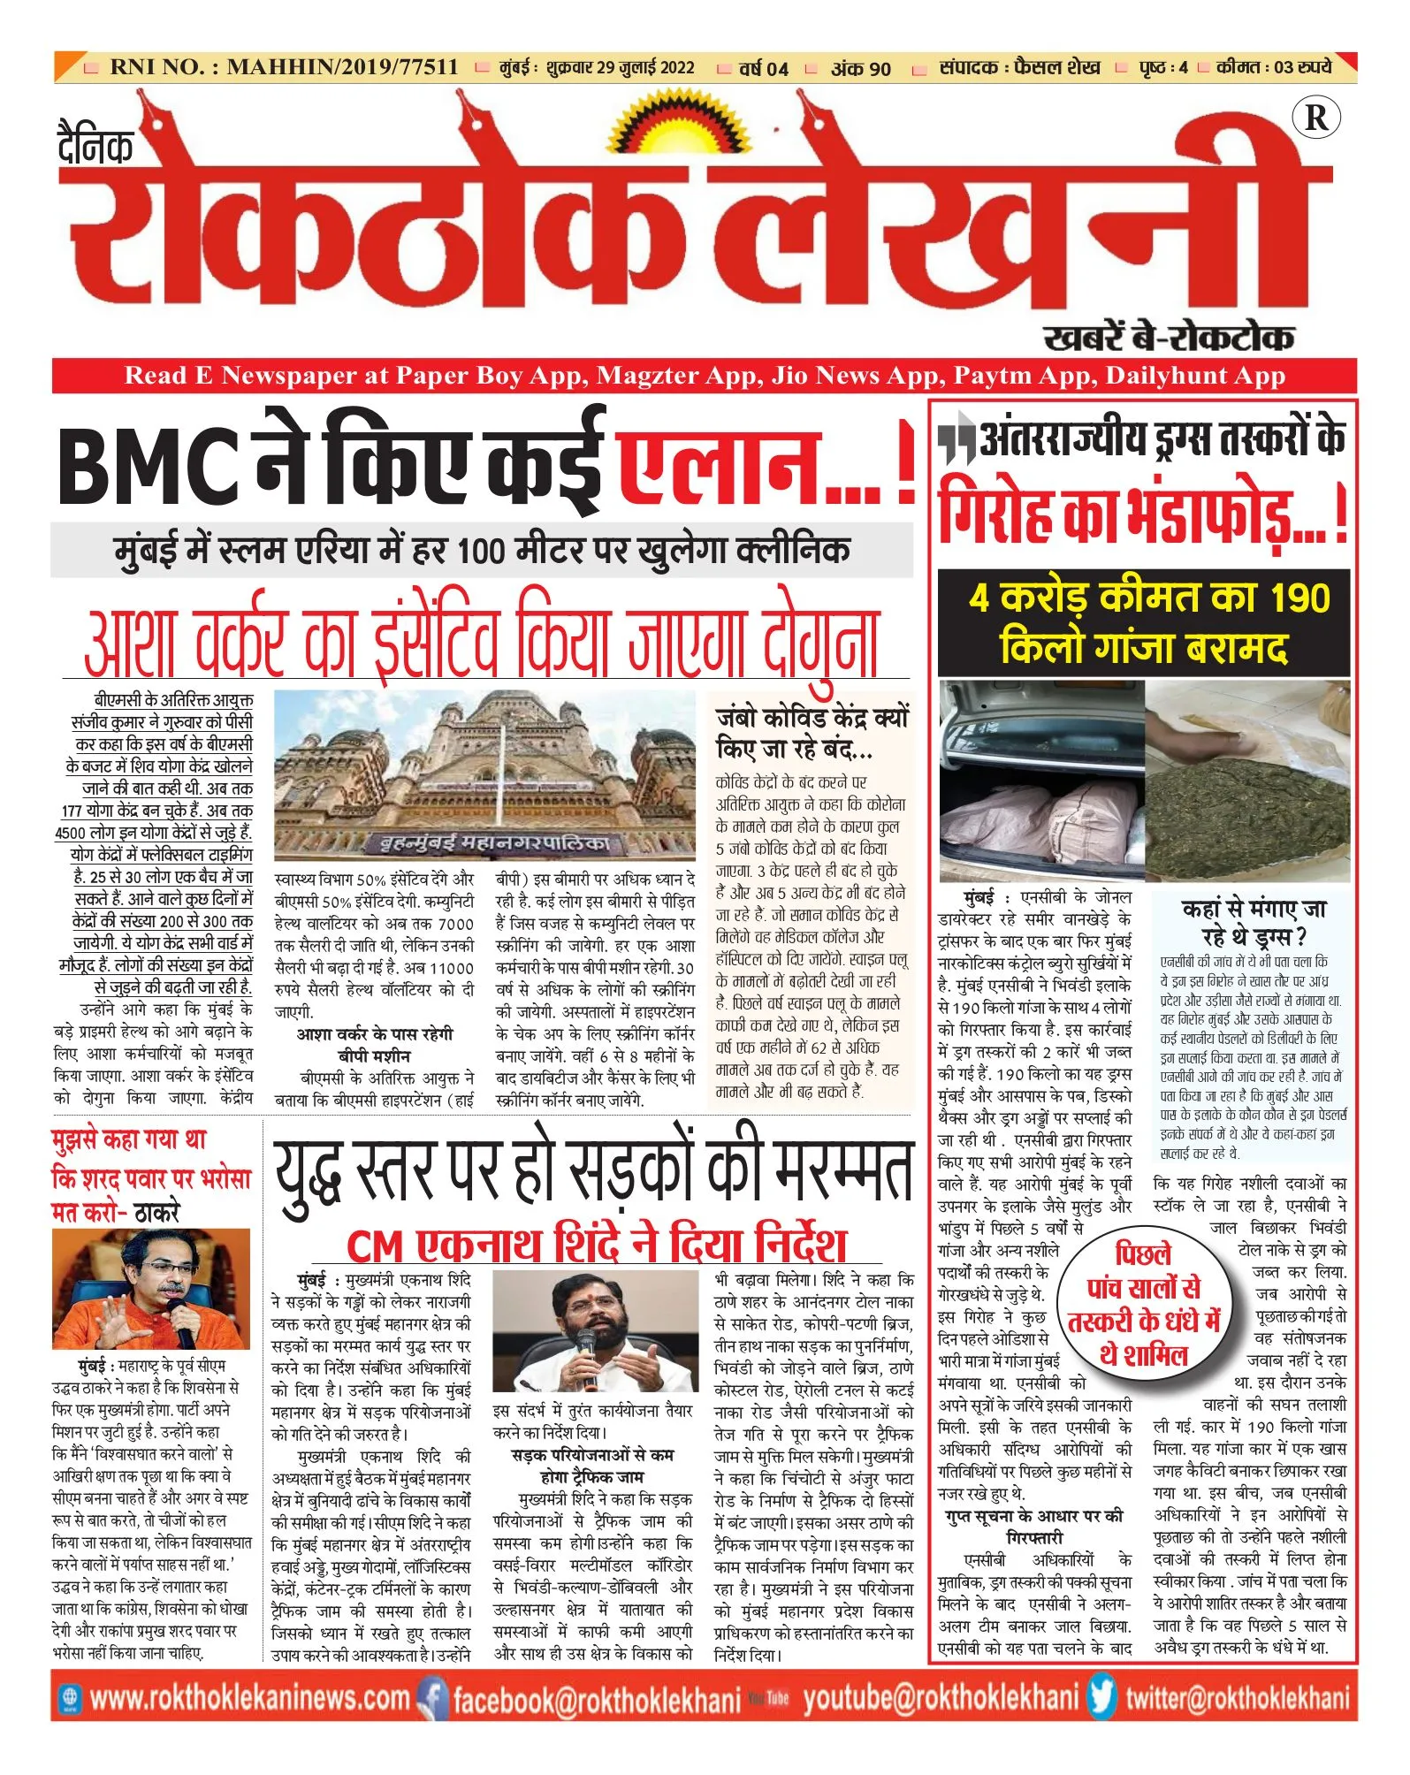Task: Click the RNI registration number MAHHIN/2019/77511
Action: point(342,67)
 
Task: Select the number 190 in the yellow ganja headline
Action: point(1298,598)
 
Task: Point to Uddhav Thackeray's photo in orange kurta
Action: point(150,1288)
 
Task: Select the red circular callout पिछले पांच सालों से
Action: point(1144,1305)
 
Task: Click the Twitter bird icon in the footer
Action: point(1101,1696)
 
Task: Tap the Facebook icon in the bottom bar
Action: point(433,1697)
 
